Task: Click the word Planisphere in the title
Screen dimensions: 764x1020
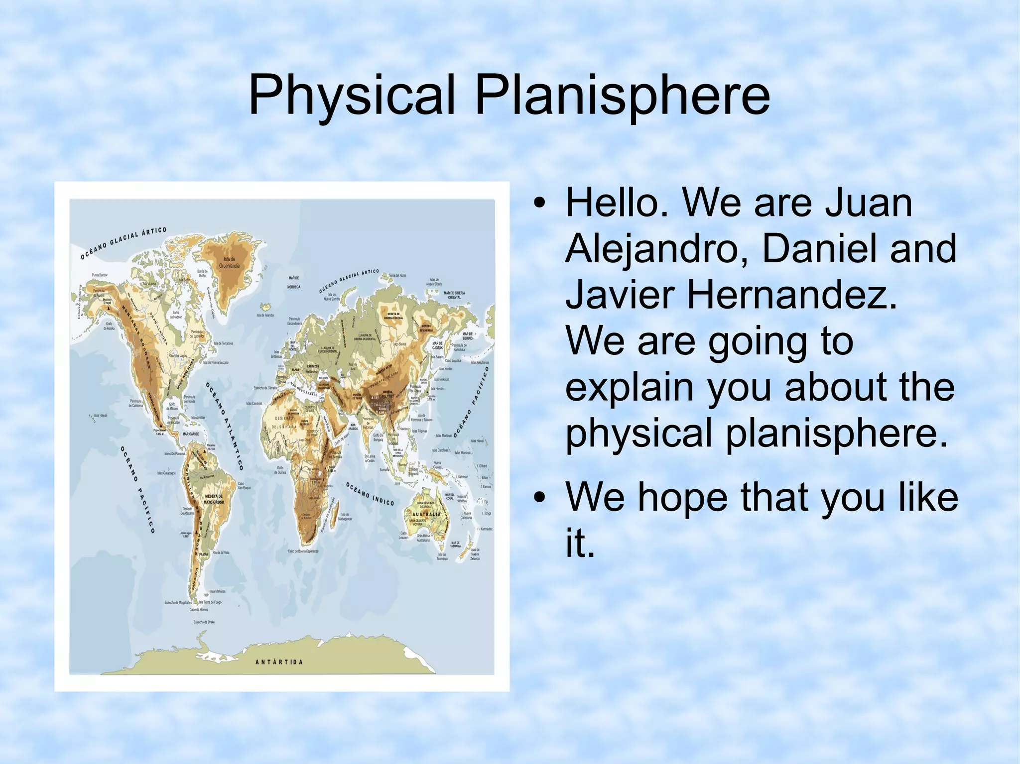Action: coord(622,95)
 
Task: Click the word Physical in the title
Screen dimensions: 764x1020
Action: coord(352,95)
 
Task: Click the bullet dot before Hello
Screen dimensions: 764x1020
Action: coord(539,204)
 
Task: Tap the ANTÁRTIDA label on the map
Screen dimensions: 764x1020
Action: coord(279,662)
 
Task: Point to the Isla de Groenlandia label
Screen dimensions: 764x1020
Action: coord(229,262)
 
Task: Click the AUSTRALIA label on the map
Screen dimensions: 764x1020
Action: coord(426,514)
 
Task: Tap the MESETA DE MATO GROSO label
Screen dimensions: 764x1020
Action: coord(214,499)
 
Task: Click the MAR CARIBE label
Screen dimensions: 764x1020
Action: coord(191,434)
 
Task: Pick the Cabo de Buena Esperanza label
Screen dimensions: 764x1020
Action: coord(303,551)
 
